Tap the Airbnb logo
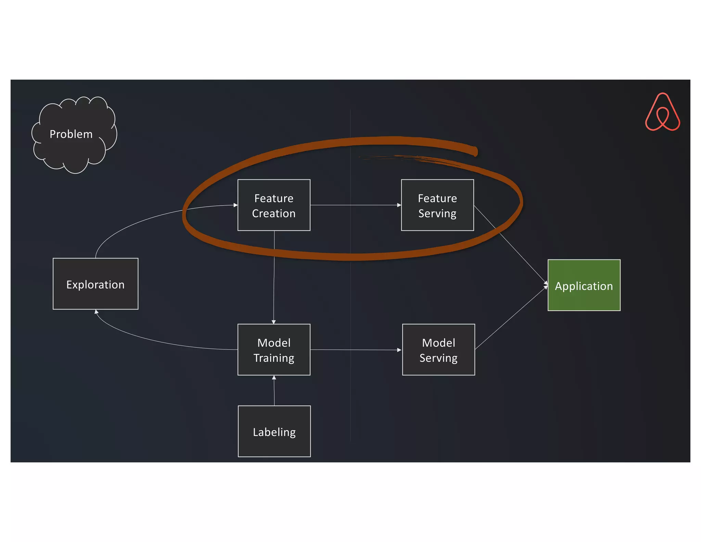point(662,112)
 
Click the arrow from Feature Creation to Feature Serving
point(356,205)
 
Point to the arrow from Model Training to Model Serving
point(356,350)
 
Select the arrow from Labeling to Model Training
point(274,391)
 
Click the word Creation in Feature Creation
point(274,213)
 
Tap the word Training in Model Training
point(274,358)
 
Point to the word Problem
point(71,134)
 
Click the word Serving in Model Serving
point(438,358)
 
